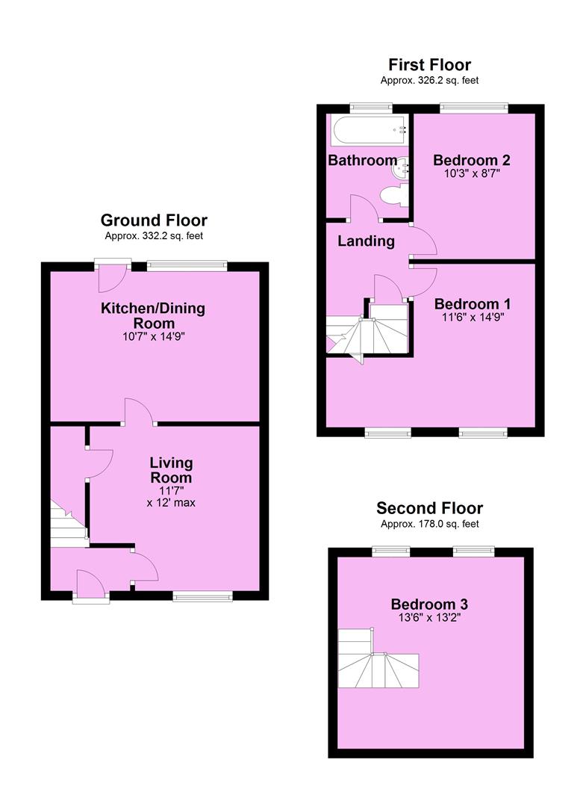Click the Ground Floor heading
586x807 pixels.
[x=154, y=220]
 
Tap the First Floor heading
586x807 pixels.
[x=429, y=65]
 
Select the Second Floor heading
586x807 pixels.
[x=429, y=509]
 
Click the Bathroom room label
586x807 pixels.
[x=362, y=160]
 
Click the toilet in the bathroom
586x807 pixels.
[x=394, y=196]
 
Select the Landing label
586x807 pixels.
[x=366, y=241]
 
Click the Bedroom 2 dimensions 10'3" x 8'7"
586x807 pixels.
[x=472, y=174]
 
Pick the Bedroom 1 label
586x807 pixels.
[x=473, y=303]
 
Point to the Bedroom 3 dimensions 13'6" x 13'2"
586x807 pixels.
[x=429, y=618]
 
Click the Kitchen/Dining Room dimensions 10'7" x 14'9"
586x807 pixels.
[x=154, y=337]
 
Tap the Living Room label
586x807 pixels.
[x=171, y=470]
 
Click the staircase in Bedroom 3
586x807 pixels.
[x=378, y=658]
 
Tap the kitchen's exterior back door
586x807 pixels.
[x=113, y=277]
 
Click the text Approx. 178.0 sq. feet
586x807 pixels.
[x=429, y=524]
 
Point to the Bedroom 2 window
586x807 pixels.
[x=473, y=108]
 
